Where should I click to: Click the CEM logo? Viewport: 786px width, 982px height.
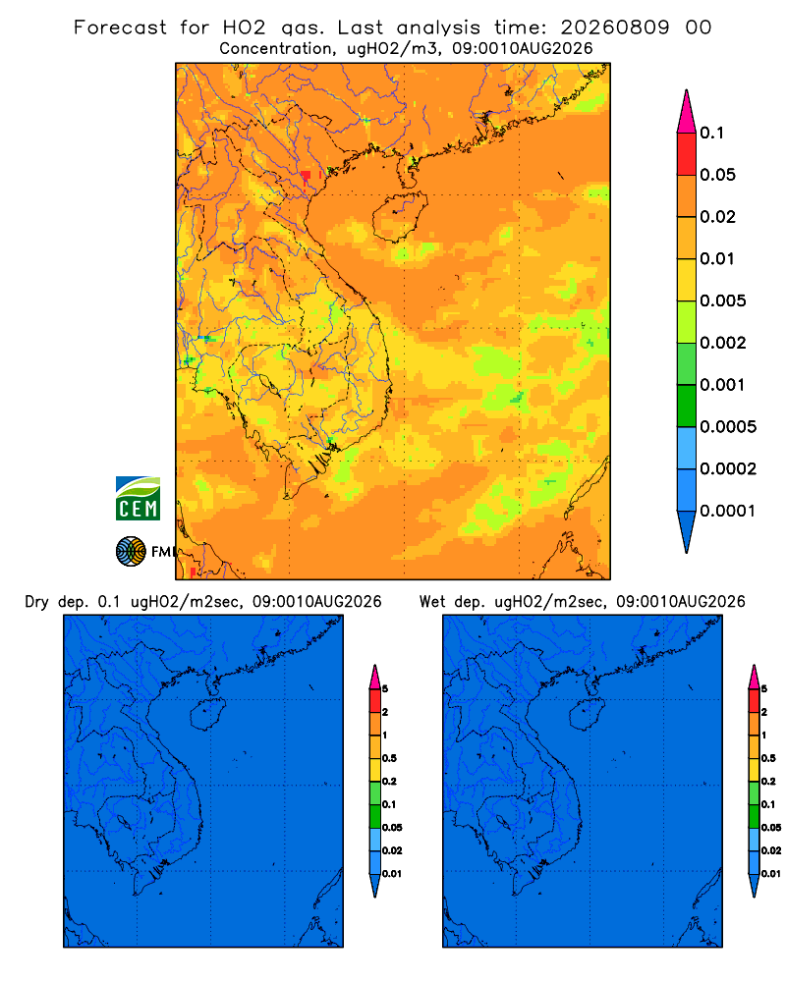point(138,499)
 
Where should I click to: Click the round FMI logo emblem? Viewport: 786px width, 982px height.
point(131,551)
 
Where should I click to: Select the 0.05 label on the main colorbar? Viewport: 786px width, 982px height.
point(717,175)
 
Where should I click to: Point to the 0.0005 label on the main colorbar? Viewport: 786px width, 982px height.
point(728,426)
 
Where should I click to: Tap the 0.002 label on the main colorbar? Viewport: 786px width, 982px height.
point(723,343)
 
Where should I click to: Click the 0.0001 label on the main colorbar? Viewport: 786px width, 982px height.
point(728,511)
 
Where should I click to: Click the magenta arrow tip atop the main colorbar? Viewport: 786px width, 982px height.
point(687,111)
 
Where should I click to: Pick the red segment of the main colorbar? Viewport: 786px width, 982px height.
point(687,153)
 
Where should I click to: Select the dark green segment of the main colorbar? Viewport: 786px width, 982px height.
point(687,406)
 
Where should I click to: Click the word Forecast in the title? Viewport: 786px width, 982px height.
point(120,27)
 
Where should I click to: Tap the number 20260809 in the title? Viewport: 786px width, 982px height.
point(615,27)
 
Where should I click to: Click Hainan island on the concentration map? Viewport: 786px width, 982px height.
point(400,217)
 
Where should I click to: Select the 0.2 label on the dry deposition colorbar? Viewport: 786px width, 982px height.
point(389,781)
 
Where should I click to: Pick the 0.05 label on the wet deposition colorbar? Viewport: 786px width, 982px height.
point(771,827)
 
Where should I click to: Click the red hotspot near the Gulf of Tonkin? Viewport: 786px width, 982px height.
point(306,177)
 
